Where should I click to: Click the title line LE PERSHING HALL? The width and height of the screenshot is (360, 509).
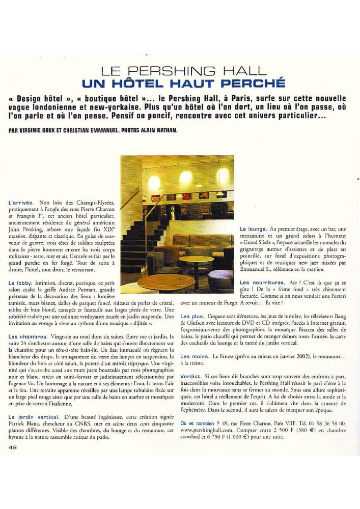point(184,71)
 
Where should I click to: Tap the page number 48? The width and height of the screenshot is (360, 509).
point(13,447)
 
